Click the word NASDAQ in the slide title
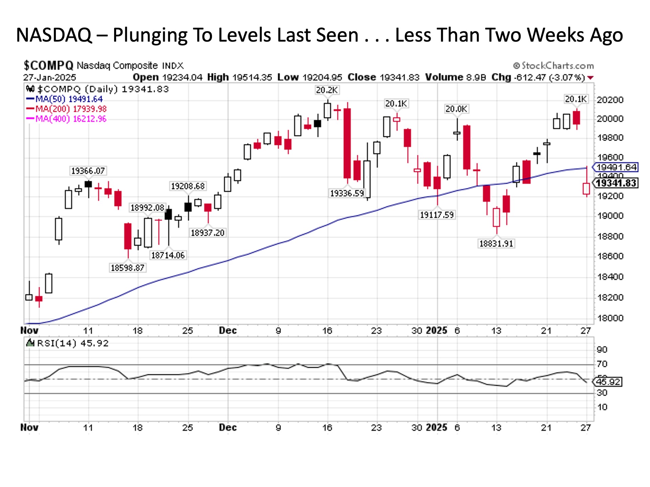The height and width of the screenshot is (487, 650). (54, 35)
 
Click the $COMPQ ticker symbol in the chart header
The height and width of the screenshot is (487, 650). (48, 65)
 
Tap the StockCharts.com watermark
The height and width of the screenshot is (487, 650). (554, 66)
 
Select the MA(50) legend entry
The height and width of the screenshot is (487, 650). (64, 99)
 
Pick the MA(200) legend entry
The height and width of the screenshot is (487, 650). (66, 109)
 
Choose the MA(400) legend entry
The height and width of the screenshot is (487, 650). (66, 119)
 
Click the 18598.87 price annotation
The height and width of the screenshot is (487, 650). (127, 268)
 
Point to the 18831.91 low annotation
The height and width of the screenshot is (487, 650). (496, 243)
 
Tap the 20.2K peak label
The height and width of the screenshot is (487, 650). (327, 90)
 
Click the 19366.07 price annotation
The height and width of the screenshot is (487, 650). (88, 171)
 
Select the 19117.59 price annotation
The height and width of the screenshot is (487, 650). (437, 215)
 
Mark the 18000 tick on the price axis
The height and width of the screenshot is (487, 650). (610, 318)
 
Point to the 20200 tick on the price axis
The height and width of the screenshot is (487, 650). (610, 100)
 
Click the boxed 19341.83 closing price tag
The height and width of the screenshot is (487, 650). (616, 183)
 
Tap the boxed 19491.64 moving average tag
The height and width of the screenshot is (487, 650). (616, 167)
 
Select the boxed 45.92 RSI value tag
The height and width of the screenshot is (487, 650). (608, 382)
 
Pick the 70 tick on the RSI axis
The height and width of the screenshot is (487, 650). (602, 364)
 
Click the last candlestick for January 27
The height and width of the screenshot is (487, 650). (586, 188)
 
